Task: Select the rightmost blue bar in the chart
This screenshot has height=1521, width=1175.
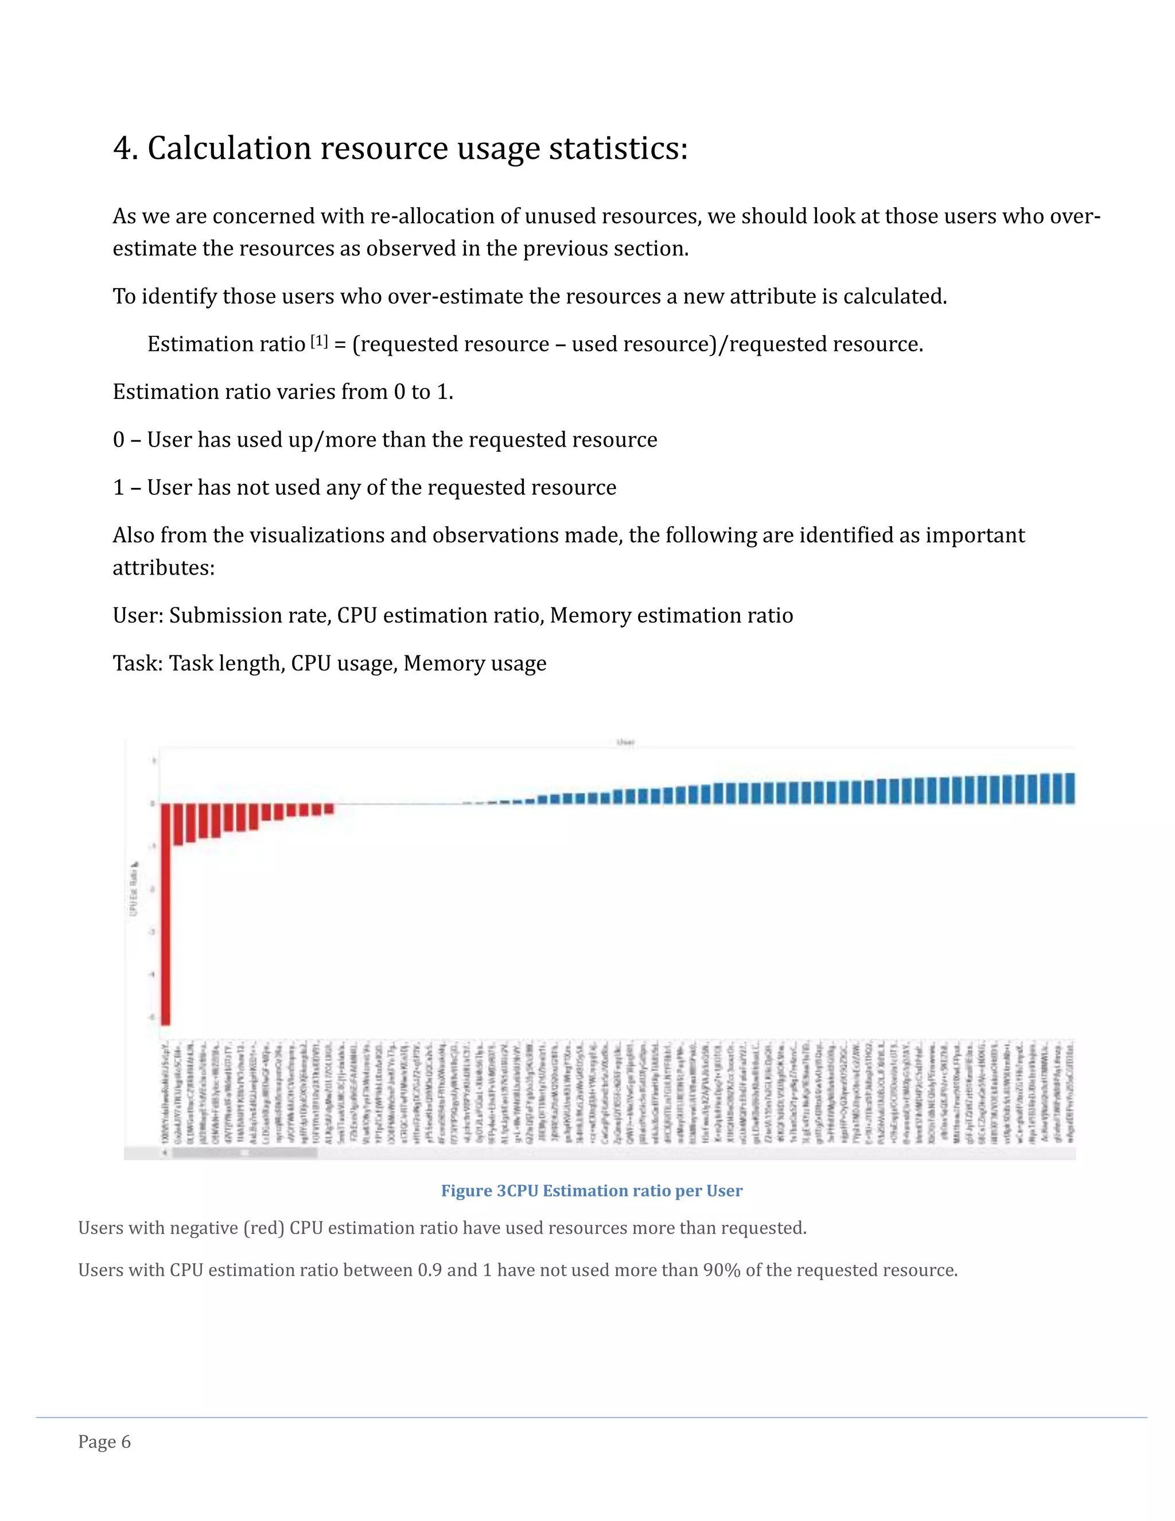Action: pos(1070,789)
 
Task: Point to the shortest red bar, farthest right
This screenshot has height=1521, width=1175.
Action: pos(329,809)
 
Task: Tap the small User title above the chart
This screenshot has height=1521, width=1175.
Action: pos(625,742)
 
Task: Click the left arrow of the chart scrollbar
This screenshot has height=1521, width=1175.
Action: pos(165,1153)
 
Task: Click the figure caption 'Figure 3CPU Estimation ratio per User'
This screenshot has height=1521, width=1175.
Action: pos(592,1190)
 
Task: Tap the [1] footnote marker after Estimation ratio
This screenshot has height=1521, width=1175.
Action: pos(319,342)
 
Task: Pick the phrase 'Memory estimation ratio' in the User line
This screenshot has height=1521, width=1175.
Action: pos(671,616)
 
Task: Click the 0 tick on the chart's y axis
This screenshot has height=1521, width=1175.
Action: pos(153,804)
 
